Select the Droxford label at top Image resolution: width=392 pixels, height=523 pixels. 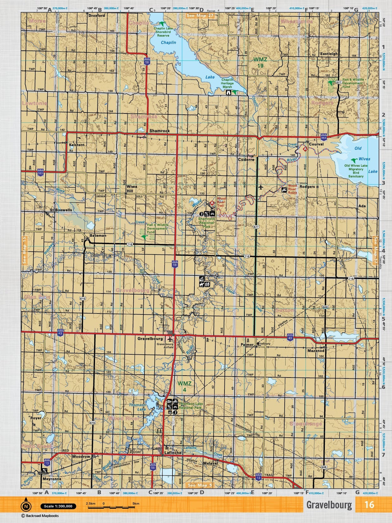pyautogui.click(x=97, y=15)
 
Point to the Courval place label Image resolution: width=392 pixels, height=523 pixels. pyautogui.click(x=316, y=144)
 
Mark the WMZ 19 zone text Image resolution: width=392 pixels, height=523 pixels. pyautogui.click(x=258, y=62)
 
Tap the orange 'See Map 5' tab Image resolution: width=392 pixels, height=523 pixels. pyautogui.click(x=200, y=485)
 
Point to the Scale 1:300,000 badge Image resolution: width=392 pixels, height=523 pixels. pyautogui.click(x=58, y=506)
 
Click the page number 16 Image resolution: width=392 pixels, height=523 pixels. pyautogui.click(x=369, y=504)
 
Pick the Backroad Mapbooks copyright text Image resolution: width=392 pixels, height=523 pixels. pyautogui.click(x=36, y=516)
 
